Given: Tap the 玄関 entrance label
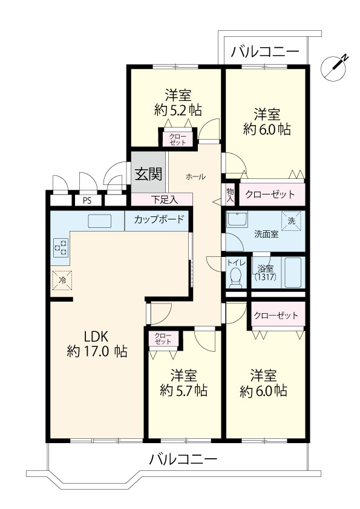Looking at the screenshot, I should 148,175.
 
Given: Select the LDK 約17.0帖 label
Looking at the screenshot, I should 96,343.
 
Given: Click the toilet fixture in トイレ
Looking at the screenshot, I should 235,277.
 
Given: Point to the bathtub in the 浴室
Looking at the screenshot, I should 295,273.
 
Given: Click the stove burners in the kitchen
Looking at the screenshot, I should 61,247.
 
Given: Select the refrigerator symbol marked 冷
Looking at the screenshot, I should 61,280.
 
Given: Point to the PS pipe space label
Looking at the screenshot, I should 87,200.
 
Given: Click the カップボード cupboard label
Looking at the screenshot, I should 159,219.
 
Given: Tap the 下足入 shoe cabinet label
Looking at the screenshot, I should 162,199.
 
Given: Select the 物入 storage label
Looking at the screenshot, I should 230,195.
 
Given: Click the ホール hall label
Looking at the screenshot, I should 195,177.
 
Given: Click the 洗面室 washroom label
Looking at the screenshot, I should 266,234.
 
